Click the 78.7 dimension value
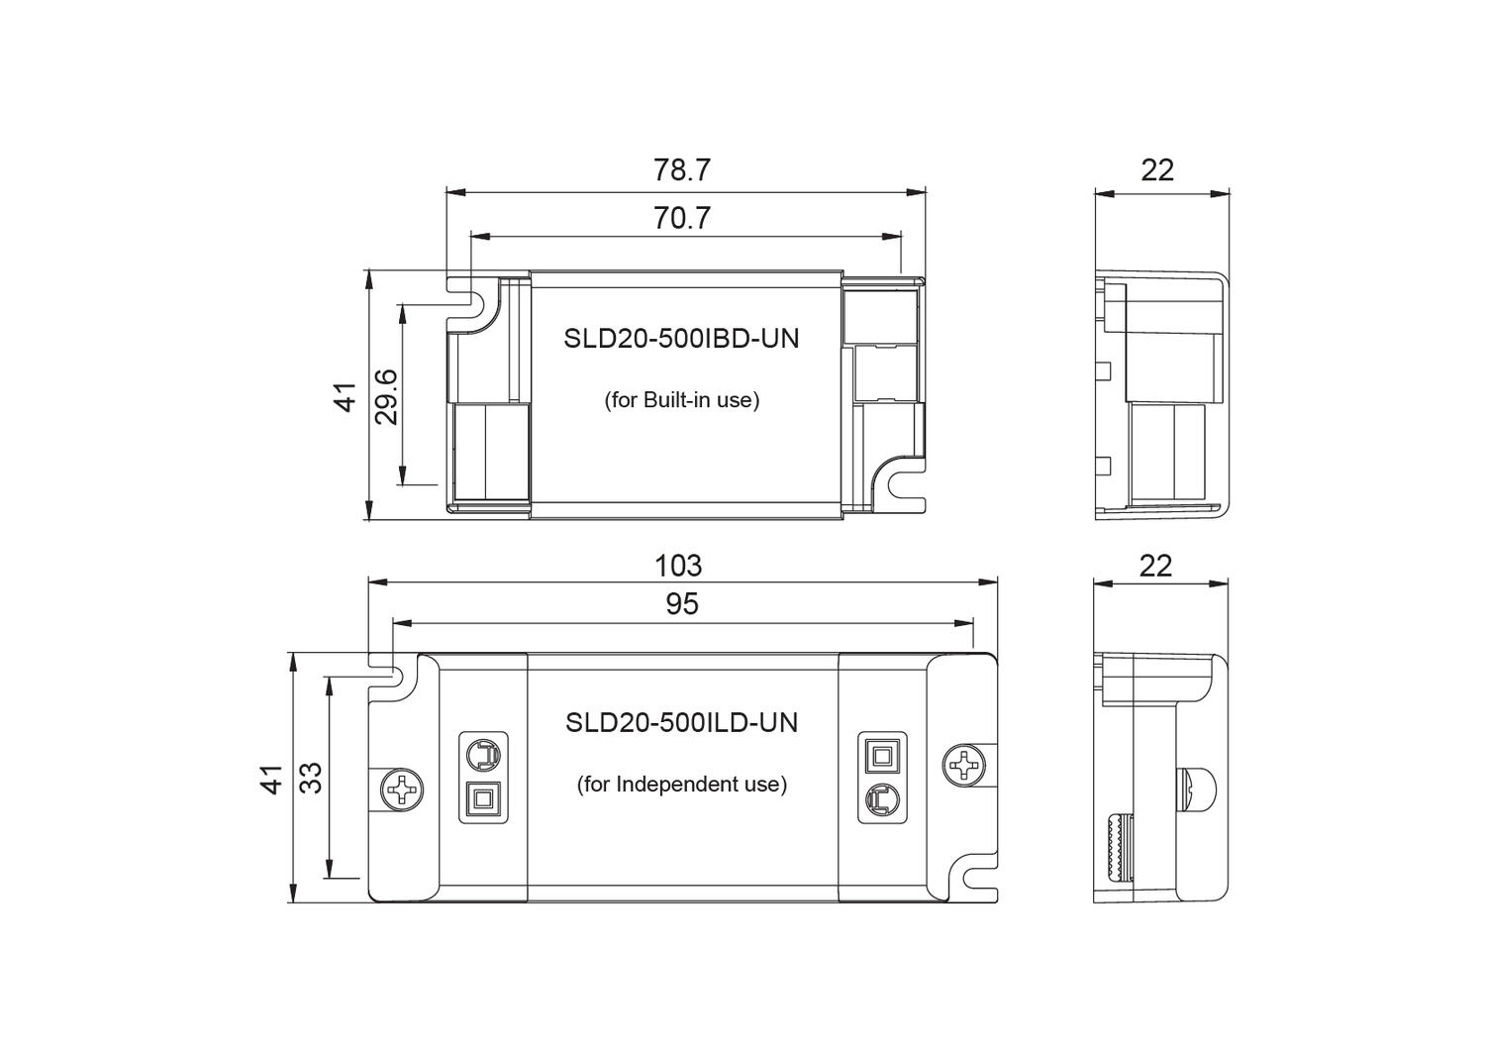tap(681, 170)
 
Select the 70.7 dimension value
tap(681, 218)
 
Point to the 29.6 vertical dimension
tap(386, 396)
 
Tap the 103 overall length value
tap(678, 566)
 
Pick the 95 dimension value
tap(681, 603)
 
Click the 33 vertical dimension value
tap(311, 777)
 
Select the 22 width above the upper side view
tap(1156, 170)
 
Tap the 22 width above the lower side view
tap(1155, 566)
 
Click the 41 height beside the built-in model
tap(345, 396)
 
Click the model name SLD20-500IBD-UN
tap(681, 339)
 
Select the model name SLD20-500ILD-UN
tap(681, 722)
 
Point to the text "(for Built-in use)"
tap(681, 400)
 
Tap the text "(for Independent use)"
tap(681, 785)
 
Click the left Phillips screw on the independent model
tap(403, 790)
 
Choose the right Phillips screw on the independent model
tap(963, 764)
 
